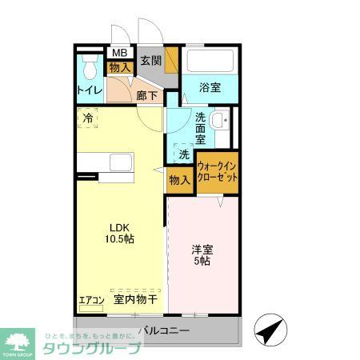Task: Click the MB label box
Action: pos(118,54)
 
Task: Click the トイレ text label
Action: pos(89,90)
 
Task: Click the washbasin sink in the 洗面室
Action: pos(224,122)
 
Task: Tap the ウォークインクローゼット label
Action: pos(218,172)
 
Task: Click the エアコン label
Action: pos(91,301)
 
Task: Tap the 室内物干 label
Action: pos(134,300)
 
